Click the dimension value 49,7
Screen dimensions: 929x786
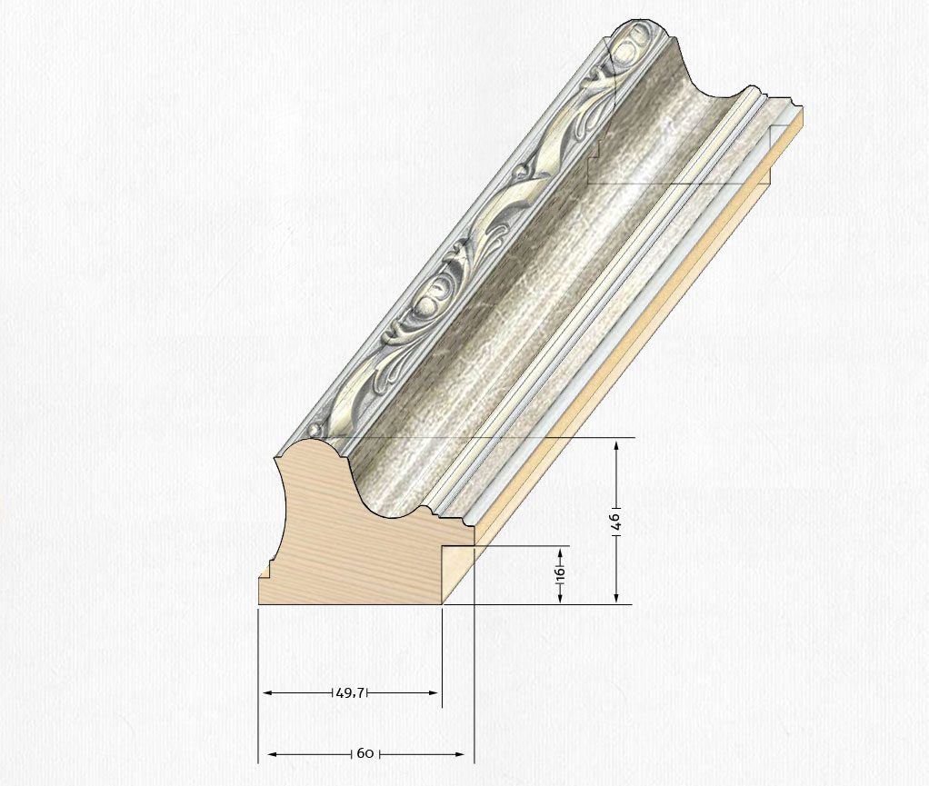pyautogui.click(x=351, y=692)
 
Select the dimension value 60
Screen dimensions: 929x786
pyautogui.click(x=365, y=754)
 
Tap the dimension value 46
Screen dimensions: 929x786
pyautogui.click(x=616, y=522)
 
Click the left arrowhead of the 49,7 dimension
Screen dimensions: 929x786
pyautogui.click(x=267, y=692)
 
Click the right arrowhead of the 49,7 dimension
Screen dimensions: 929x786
pyautogui.click(x=434, y=692)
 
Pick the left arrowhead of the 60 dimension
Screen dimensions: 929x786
pyautogui.click(x=273, y=754)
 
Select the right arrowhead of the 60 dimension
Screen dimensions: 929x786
pyautogui.click(x=459, y=754)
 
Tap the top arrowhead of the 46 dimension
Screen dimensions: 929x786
pyautogui.click(x=617, y=445)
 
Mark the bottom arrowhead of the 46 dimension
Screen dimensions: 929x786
pyautogui.click(x=617, y=597)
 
